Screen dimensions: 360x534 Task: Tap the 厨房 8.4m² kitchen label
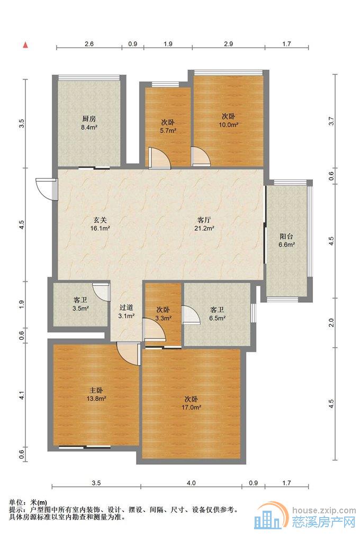[x=89, y=123]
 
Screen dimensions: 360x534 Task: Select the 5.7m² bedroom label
[x=168, y=125]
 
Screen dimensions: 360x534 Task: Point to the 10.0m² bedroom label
[x=228, y=120]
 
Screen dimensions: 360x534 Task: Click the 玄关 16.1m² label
[x=100, y=224]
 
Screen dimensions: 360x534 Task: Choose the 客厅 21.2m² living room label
[x=204, y=224]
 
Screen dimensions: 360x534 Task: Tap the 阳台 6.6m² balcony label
[x=286, y=240]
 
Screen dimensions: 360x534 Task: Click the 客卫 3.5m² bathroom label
[x=80, y=304]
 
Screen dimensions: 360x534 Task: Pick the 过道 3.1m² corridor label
[x=126, y=311]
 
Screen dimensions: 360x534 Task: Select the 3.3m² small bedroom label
[x=163, y=314]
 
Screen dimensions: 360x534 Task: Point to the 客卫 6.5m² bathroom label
[x=217, y=314]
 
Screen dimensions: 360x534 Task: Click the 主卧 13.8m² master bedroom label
[x=96, y=394]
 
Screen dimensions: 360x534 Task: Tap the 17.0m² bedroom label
[x=191, y=403]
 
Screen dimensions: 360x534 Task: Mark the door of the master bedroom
[x=129, y=354]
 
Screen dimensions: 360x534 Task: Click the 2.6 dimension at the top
[x=89, y=43]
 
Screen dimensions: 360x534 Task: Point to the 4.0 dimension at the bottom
[x=191, y=483]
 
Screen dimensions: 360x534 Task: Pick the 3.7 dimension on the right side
[x=332, y=121]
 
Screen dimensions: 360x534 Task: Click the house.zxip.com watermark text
[x=324, y=510]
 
